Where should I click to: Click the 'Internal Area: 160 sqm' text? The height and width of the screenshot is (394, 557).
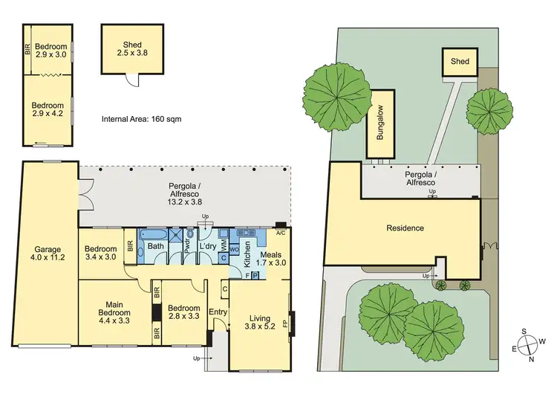coord(141,118)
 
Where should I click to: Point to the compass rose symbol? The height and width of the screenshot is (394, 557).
coord(528,344)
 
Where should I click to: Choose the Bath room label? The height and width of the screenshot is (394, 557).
coord(155,246)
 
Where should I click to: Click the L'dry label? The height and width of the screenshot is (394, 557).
coord(207,246)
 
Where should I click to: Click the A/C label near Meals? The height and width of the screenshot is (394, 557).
coord(280,232)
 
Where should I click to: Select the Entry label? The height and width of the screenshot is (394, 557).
coord(218,312)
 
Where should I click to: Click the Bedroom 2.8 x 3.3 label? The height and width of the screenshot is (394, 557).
coord(183,312)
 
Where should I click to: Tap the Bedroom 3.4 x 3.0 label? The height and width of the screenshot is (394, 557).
coord(100,253)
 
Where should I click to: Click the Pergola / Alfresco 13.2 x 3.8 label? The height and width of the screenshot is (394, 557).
coord(185,196)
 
